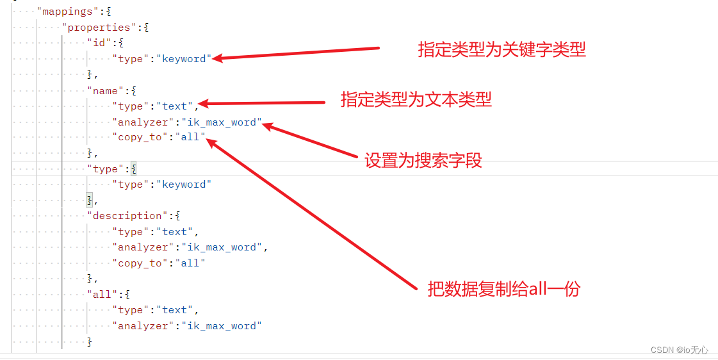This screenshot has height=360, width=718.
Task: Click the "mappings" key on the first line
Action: (x=64, y=12)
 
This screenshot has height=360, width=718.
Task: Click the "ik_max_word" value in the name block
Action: (x=222, y=122)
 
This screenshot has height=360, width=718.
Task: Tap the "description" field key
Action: (x=127, y=216)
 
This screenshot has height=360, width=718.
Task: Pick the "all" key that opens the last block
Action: (x=102, y=295)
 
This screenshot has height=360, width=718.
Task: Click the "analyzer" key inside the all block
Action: (x=143, y=326)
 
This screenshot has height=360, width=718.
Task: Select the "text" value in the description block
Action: (x=174, y=232)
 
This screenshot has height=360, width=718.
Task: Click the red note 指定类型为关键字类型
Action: (x=502, y=50)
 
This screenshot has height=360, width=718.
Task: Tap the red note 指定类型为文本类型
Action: (x=416, y=99)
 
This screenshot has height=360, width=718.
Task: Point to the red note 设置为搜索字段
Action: (x=423, y=160)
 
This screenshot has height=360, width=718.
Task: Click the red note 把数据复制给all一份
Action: (x=503, y=289)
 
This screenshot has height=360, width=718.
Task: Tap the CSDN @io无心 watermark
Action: (x=679, y=350)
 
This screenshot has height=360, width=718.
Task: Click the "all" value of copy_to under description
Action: (x=190, y=263)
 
